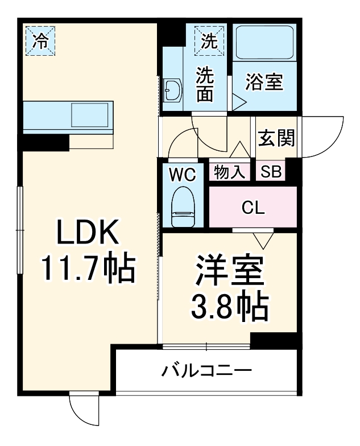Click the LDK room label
click(x=87, y=233)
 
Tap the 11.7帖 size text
click(x=87, y=268)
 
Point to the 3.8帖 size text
click(x=229, y=308)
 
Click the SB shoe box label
click(x=271, y=172)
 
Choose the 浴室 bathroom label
click(x=264, y=81)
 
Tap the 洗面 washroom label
click(x=205, y=84)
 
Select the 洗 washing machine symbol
click(x=210, y=41)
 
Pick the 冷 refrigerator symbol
click(x=40, y=40)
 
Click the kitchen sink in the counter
click(x=89, y=115)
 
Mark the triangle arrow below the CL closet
click(x=264, y=239)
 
